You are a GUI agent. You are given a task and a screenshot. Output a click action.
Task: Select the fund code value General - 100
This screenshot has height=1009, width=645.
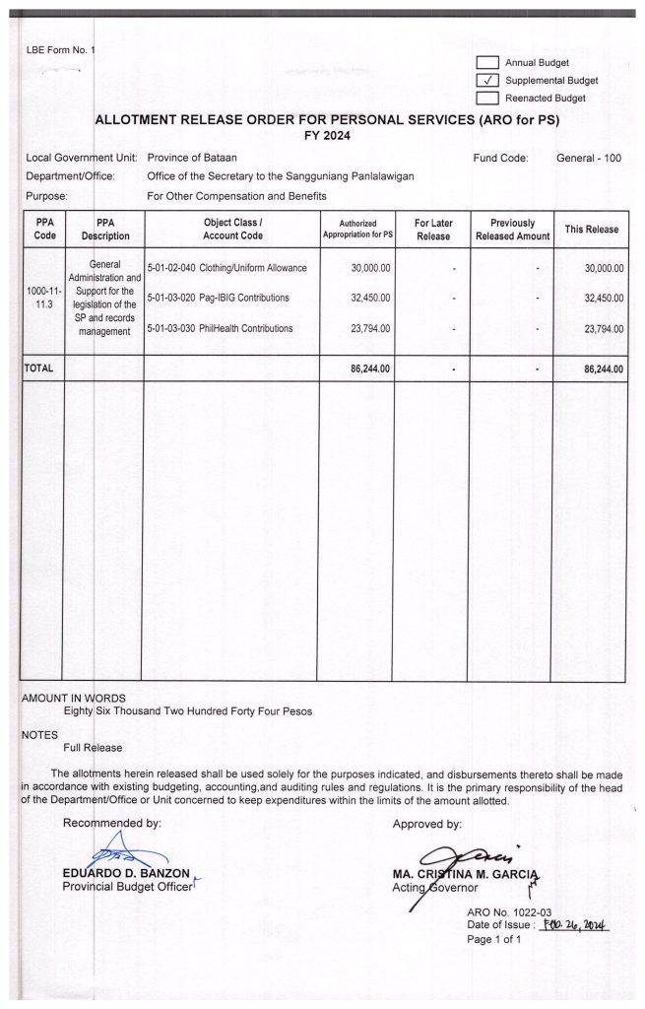(x=589, y=158)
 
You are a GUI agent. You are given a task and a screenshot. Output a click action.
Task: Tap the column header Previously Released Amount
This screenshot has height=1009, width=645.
(x=512, y=230)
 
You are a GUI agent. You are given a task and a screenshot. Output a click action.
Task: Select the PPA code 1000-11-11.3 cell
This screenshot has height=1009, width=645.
(x=41, y=298)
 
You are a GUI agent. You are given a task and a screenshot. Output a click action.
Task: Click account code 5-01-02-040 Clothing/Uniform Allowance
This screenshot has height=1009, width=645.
(x=226, y=267)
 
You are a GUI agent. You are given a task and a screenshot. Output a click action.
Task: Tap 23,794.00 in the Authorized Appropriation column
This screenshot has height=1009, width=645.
(x=370, y=328)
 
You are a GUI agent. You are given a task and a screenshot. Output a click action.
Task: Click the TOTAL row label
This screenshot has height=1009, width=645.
(x=38, y=369)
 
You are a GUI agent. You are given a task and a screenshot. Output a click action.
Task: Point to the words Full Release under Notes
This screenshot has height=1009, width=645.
(x=93, y=748)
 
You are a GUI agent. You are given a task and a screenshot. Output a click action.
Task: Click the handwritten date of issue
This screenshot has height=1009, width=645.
(x=580, y=925)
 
